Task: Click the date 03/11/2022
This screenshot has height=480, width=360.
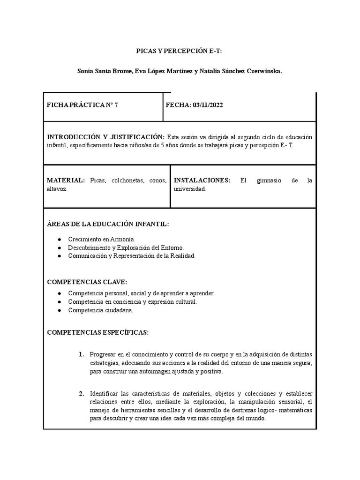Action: coord(207,105)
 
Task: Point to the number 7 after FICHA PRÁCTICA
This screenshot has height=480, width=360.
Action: coord(116,105)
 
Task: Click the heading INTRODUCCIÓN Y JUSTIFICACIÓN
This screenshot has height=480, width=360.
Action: coord(105,136)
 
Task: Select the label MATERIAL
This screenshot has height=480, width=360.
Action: coord(66,180)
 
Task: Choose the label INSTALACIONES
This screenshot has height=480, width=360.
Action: coord(202,180)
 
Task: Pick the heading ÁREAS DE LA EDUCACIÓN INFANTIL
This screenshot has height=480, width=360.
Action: coord(108,224)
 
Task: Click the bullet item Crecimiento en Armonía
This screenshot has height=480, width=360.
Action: coord(101,239)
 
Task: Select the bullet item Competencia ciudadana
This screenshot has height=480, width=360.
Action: coord(100,310)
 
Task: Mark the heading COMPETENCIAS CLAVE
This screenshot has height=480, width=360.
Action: coord(87,282)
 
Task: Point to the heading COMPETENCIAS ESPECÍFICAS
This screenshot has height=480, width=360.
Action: coord(98,332)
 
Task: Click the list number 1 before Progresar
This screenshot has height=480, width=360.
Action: coord(81,354)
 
